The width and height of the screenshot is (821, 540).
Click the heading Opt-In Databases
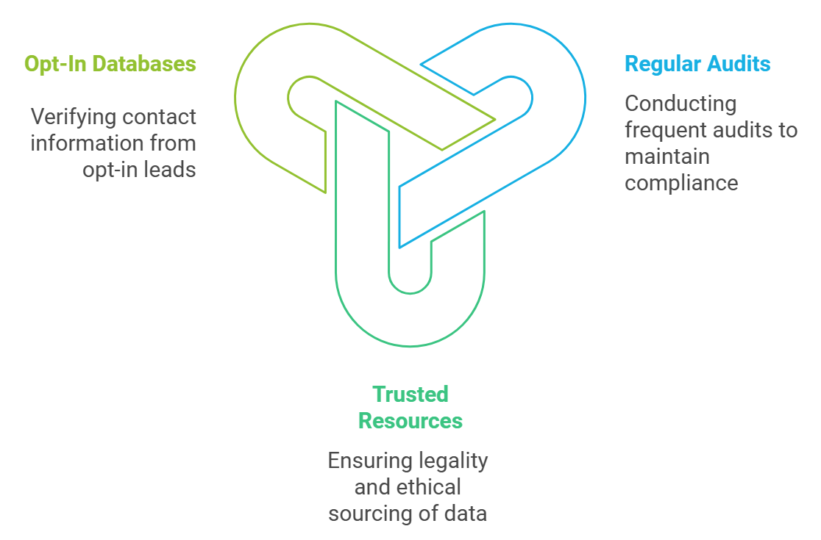click(110, 64)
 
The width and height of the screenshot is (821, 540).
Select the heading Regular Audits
click(697, 64)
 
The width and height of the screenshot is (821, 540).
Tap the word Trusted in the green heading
click(410, 395)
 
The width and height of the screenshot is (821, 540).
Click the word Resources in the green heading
click(410, 421)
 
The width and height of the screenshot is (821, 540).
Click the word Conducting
click(680, 104)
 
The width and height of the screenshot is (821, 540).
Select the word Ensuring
click(370, 461)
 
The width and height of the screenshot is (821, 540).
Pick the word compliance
click(681, 183)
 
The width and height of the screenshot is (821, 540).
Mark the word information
click(91, 143)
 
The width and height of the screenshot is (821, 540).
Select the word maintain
click(667, 156)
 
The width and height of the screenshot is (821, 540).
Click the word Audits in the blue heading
click(739, 64)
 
